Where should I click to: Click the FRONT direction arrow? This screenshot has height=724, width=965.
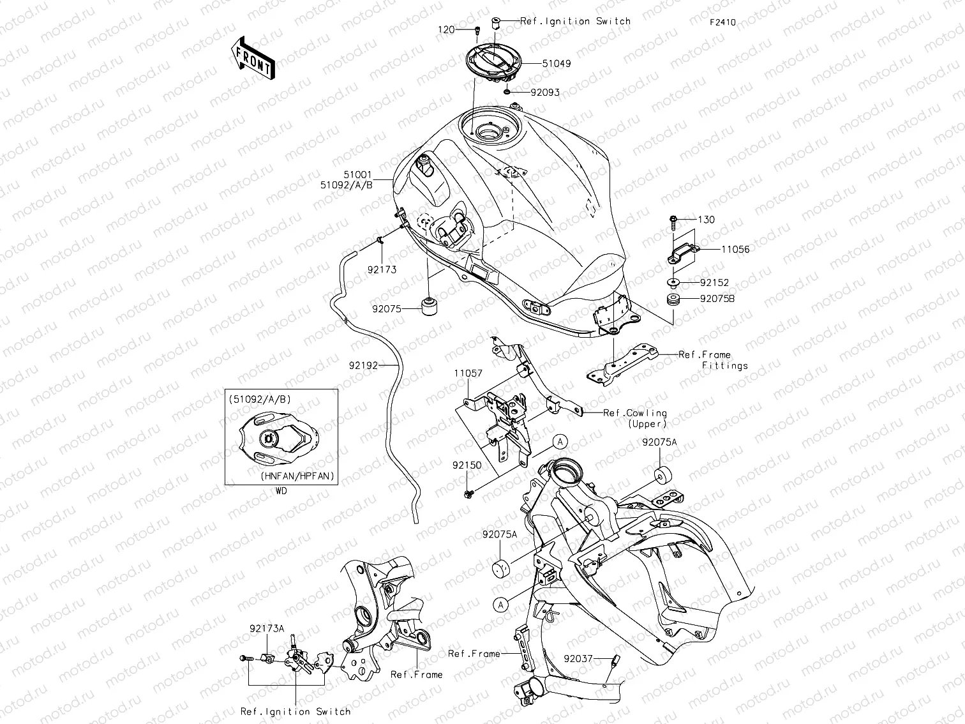pos(253,57)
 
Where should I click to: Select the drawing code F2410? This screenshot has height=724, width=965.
pos(722,22)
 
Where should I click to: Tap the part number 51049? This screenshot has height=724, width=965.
pos(557,64)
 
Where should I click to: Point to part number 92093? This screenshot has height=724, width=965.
pos(544,93)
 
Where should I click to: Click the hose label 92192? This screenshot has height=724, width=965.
pos(363,366)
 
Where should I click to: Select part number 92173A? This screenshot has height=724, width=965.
pos(267,629)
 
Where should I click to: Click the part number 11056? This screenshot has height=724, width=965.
pos(735,250)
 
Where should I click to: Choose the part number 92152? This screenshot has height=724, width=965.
pos(714,282)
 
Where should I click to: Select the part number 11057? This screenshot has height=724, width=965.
pos(468,373)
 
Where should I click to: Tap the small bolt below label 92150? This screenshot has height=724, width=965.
pos(468,493)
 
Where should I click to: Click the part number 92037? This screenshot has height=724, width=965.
pos(577,657)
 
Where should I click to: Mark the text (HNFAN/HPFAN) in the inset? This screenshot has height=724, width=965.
pos(297,476)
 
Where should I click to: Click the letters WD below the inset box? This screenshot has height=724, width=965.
pos(281,492)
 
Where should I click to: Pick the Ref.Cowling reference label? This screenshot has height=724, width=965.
pos(635,413)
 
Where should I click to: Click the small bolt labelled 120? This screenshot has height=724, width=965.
pos(477,30)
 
